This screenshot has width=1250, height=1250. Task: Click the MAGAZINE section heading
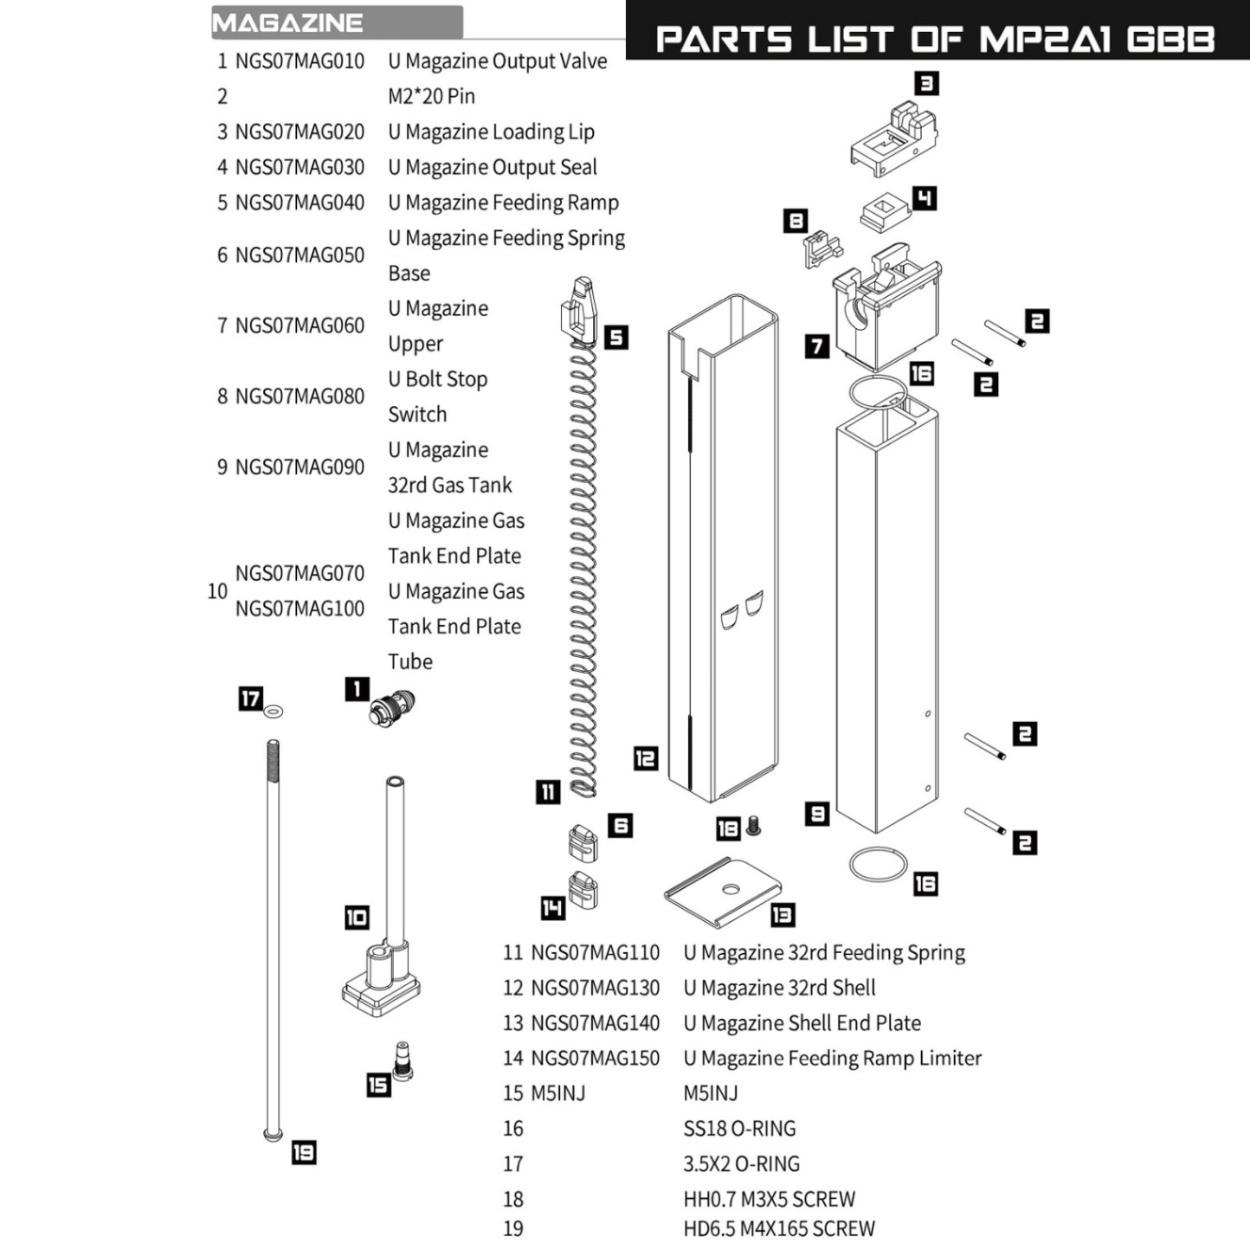click(x=287, y=23)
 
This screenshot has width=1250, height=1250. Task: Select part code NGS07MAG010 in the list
click(x=300, y=61)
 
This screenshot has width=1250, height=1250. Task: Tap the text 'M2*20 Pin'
click(x=431, y=96)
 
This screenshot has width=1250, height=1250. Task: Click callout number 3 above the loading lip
click(x=927, y=83)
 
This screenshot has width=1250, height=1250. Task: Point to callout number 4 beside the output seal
click(x=925, y=198)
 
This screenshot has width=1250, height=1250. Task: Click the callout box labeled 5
click(x=615, y=337)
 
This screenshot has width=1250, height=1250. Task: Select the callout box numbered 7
click(x=816, y=346)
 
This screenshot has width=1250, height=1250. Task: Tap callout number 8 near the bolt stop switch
click(x=795, y=222)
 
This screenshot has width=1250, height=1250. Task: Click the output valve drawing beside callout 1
click(x=392, y=708)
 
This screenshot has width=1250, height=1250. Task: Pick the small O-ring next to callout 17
click(x=274, y=712)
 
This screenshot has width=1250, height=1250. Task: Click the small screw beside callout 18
click(x=752, y=826)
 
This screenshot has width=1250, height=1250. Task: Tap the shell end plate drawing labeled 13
click(x=723, y=890)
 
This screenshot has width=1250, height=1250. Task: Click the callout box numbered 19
click(x=303, y=1152)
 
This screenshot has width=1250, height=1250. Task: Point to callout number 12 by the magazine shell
click(x=645, y=758)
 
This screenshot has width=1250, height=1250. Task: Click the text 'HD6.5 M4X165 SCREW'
click(x=778, y=1228)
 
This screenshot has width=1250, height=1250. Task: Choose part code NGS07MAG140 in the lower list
click(x=595, y=1023)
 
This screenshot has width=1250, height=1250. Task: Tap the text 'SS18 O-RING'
click(x=738, y=1129)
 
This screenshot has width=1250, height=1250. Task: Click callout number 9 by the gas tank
click(x=817, y=814)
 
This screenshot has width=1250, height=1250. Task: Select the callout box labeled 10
click(x=357, y=918)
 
